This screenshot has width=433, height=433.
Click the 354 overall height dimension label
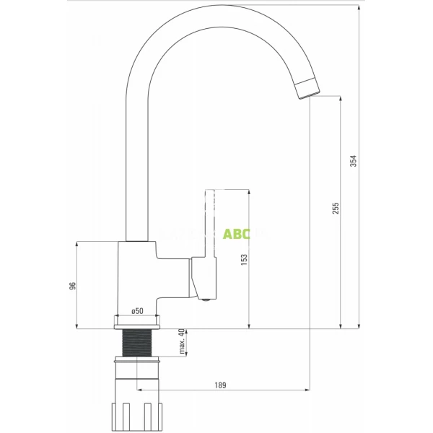click(x=354, y=162)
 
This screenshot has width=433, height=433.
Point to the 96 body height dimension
click(x=72, y=286)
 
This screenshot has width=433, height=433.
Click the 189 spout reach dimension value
click(x=220, y=385)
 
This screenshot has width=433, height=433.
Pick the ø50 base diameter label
click(x=136, y=311)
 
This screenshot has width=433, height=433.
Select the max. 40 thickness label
click(x=181, y=343)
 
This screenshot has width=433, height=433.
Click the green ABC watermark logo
click(x=236, y=235)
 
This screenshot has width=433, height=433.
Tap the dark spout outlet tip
click(x=307, y=87)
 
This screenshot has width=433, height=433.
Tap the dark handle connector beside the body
click(x=193, y=278)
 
